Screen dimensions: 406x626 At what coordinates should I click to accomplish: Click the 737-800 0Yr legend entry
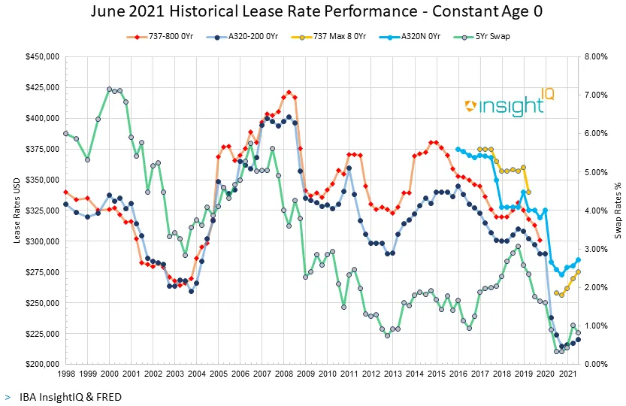point(166,35)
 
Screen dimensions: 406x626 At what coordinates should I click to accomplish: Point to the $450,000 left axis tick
point(43,56)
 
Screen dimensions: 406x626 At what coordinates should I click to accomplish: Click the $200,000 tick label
point(43,365)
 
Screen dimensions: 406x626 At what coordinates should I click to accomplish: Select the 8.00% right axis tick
point(597,56)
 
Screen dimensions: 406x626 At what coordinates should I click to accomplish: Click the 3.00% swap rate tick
point(597,249)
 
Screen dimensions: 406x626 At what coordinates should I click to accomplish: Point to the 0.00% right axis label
point(597,365)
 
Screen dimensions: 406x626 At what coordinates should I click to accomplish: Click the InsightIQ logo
point(504,105)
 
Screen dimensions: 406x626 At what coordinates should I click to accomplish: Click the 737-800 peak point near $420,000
point(289,92)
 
